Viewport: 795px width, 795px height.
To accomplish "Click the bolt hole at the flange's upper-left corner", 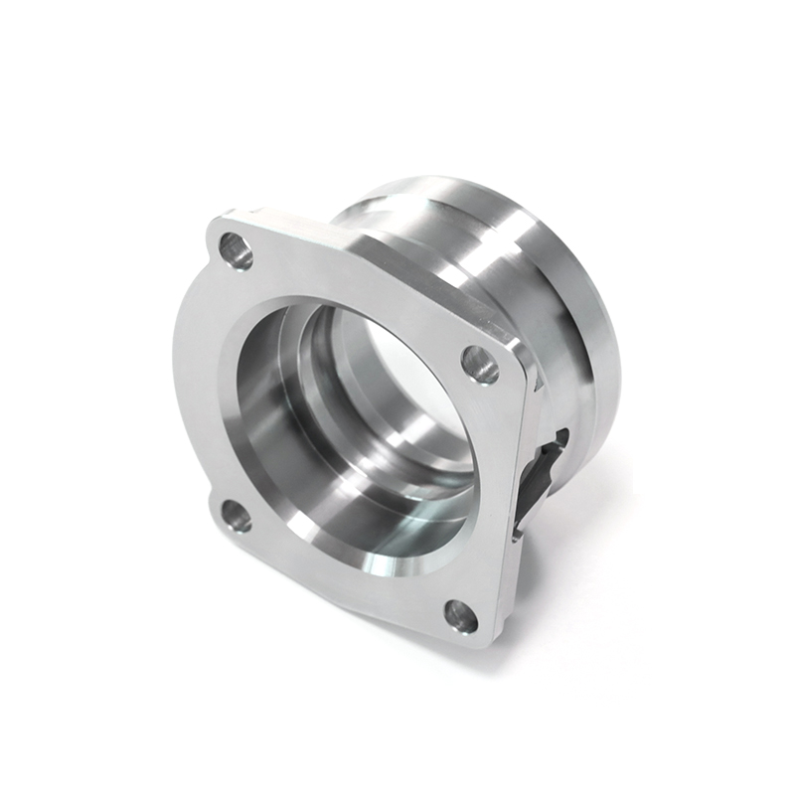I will click(236, 249).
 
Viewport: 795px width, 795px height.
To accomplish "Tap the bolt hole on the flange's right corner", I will click(481, 365).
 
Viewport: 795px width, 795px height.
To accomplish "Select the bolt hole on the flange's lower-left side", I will click(236, 515).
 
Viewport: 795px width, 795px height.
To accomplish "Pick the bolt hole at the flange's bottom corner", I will click(460, 615).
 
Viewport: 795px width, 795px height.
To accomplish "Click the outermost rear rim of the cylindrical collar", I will click(596, 298).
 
